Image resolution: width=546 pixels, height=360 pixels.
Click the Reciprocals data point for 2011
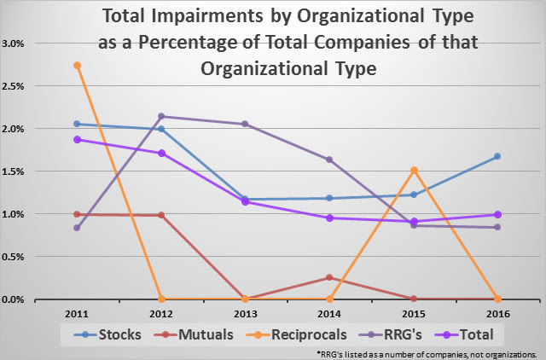pyautogui.click(x=77, y=65)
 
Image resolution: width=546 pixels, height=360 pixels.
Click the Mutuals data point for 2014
pyautogui.click(x=328, y=277)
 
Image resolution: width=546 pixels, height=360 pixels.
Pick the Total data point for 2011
pyautogui.click(x=77, y=139)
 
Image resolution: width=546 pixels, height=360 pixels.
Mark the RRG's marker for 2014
pyautogui.click(x=328, y=160)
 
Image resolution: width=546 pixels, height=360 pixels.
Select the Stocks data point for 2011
pyautogui.click(x=77, y=124)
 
